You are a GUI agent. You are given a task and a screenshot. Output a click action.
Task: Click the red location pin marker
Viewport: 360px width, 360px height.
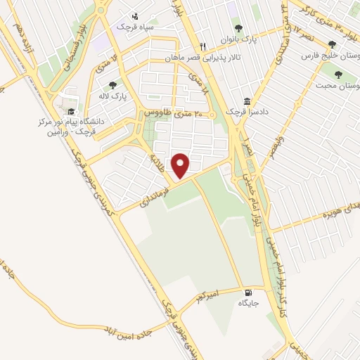pyautogui.click(x=181, y=165)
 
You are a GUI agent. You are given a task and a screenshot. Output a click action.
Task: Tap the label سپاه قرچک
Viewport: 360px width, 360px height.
pyautogui.click(x=155, y=26)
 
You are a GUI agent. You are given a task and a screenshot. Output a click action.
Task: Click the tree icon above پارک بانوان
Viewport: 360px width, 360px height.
pyautogui.click(x=238, y=29)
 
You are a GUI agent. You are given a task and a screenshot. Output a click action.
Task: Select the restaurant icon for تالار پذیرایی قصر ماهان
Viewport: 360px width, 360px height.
pyautogui.click(x=202, y=44)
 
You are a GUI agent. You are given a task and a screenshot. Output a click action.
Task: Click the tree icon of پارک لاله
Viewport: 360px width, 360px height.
pyautogui.click(x=112, y=85)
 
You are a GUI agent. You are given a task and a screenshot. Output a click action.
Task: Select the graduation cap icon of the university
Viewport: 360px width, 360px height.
pyautogui.click(x=70, y=111)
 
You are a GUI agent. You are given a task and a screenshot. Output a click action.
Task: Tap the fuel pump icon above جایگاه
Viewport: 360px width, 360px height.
pyautogui.click(x=247, y=292)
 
